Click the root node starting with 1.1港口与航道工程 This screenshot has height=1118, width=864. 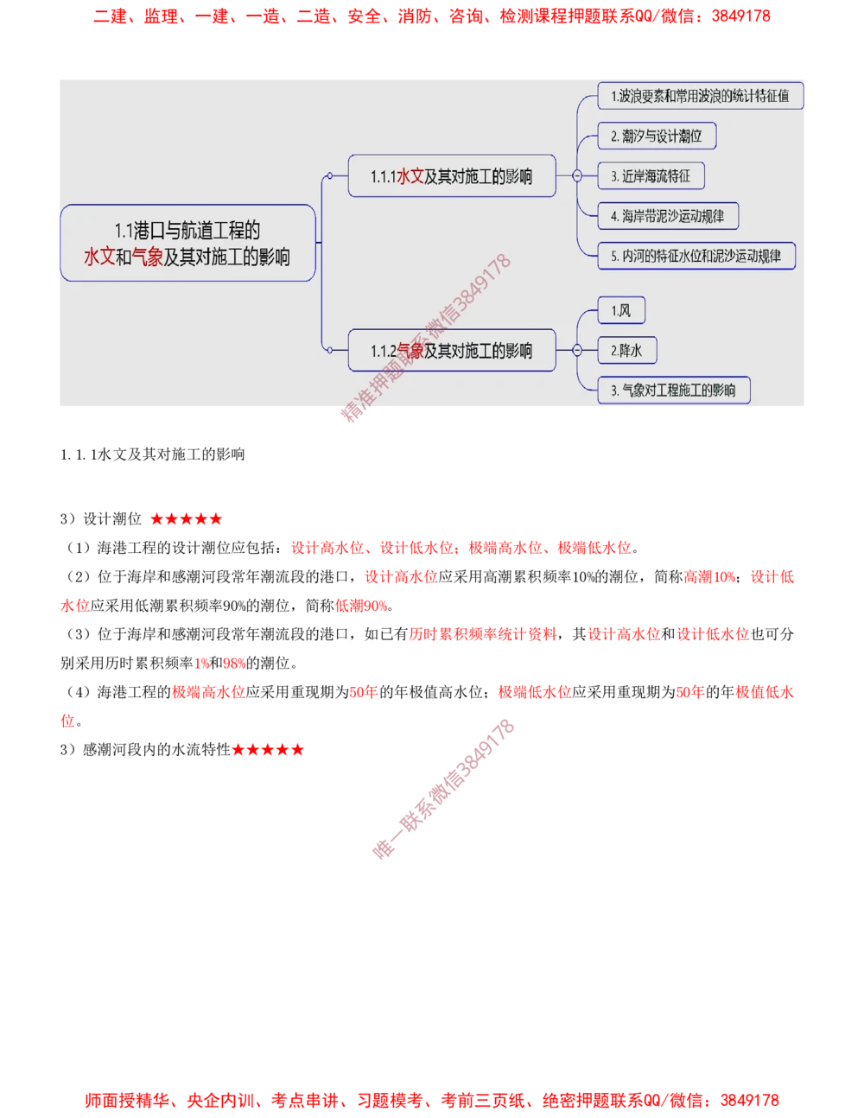(187, 243)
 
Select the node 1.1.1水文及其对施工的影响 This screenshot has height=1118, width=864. (451, 176)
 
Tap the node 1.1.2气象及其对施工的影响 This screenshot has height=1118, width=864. (451, 350)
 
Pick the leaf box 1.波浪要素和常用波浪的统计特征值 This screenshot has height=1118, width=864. (700, 96)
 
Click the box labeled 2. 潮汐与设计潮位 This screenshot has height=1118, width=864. (657, 137)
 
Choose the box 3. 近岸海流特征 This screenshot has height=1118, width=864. (651, 176)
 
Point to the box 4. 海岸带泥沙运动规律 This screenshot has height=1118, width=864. (668, 216)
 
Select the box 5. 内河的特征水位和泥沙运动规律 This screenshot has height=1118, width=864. (696, 256)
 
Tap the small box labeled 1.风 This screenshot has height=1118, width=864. (621, 310)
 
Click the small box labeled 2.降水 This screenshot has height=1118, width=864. (627, 350)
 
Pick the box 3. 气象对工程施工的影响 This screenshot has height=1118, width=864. (674, 390)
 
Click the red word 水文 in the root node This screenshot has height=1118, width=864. (98, 257)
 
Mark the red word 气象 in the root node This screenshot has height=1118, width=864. (148, 257)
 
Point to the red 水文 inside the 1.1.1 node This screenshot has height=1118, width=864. (410, 176)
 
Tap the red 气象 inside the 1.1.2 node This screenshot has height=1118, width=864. (410, 350)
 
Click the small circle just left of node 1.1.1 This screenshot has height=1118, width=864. (329, 176)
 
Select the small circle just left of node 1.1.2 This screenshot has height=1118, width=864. (329, 350)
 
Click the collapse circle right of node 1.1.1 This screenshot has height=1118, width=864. (576, 176)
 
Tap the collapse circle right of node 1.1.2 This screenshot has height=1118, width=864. (576, 350)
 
